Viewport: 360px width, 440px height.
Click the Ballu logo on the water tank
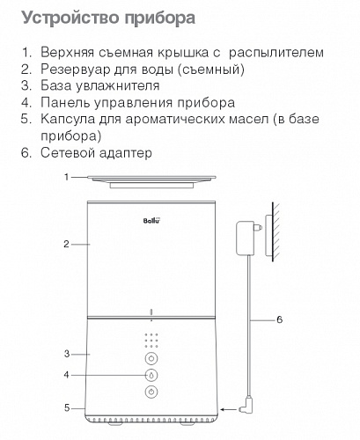pyautogui.click(x=152, y=220)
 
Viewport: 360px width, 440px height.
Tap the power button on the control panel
pyautogui.click(x=151, y=392)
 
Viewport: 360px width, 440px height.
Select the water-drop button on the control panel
pyautogui.click(x=151, y=375)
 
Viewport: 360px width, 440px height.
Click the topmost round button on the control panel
pyautogui.click(x=151, y=358)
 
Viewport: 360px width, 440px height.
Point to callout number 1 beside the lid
pyautogui.click(x=67, y=177)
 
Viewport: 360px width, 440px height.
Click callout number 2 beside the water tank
pyautogui.click(x=66, y=244)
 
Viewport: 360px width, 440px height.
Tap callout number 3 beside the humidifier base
pyautogui.click(x=67, y=354)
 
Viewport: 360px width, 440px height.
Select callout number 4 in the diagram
pyautogui.click(x=67, y=375)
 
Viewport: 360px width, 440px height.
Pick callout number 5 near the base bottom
pyautogui.click(x=67, y=408)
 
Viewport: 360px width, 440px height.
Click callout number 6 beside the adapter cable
pyautogui.click(x=279, y=319)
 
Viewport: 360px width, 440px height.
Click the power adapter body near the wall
pyautogui.click(x=246, y=238)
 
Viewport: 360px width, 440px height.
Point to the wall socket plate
pyautogui.click(x=269, y=236)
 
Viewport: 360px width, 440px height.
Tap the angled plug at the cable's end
pyautogui.click(x=246, y=406)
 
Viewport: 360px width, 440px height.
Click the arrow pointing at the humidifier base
pyautogui.click(x=229, y=409)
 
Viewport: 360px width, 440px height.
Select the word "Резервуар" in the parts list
pyautogui.click(x=75, y=70)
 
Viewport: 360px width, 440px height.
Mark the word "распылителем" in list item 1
pyautogui.click(x=276, y=53)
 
